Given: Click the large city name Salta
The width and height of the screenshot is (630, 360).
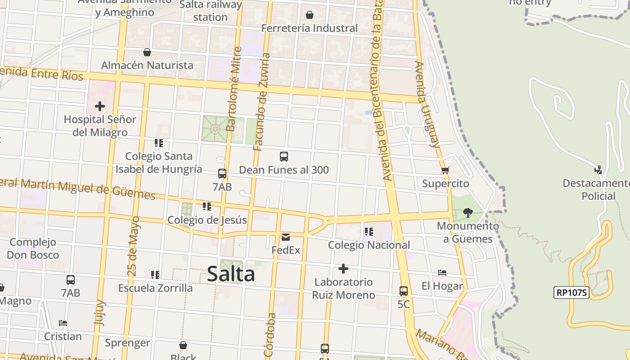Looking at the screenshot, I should [x=231, y=274].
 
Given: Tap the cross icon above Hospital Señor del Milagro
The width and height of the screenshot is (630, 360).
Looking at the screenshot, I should [x=100, y=106].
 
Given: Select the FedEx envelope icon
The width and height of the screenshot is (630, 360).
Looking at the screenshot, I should [x=286, y=237].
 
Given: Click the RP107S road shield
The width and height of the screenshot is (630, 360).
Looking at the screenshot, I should [x=571, y=292].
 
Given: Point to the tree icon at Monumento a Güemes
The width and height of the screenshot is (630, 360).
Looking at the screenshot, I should [x=468, y=212].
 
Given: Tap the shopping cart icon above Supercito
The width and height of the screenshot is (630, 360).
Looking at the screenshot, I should [x=445, y=170].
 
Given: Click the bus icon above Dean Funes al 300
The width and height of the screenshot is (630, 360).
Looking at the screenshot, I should [x=284, y=157].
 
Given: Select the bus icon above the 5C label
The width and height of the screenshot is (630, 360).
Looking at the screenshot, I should [x=404, y=291].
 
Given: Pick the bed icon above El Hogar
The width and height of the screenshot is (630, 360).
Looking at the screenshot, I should [x=442, y=273].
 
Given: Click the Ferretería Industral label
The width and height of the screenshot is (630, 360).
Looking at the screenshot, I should [x=309, y=28].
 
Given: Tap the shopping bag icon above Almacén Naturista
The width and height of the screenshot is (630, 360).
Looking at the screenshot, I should [x=147, y=52].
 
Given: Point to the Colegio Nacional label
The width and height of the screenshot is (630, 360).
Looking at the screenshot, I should [x=369, y=245].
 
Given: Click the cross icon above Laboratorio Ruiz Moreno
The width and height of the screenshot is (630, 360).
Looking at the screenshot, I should [x=343, y=269].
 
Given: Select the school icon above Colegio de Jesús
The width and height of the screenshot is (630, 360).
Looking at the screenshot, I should [x=207, y=207].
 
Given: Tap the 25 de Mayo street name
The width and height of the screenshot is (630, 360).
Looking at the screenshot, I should [x=134, y=246].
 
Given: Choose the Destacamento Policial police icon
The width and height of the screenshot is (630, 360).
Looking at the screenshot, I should [x=598, y=170].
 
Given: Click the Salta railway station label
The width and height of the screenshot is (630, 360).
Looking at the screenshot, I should [x=211, y=11].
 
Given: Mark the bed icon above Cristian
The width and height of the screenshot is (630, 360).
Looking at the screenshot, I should [x=63, y=323].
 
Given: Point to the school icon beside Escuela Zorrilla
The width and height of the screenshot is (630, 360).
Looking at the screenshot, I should [x=155, y=274].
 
